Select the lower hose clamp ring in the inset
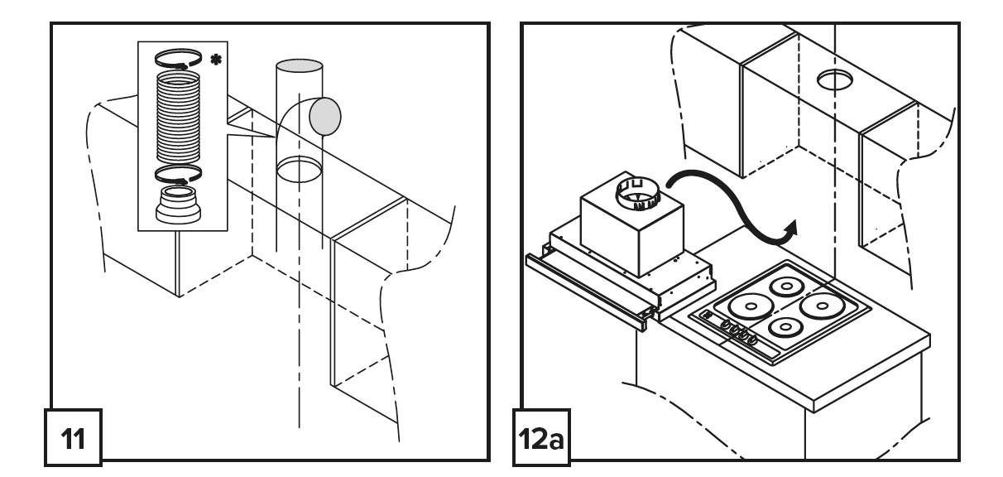click(177, 175)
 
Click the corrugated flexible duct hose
click(177, 116)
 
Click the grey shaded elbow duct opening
click(325, 117)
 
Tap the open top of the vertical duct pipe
click(299, 65)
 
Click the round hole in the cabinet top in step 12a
click(836, 80)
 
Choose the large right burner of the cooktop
click(821, 306)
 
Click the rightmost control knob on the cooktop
click(752, 338)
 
